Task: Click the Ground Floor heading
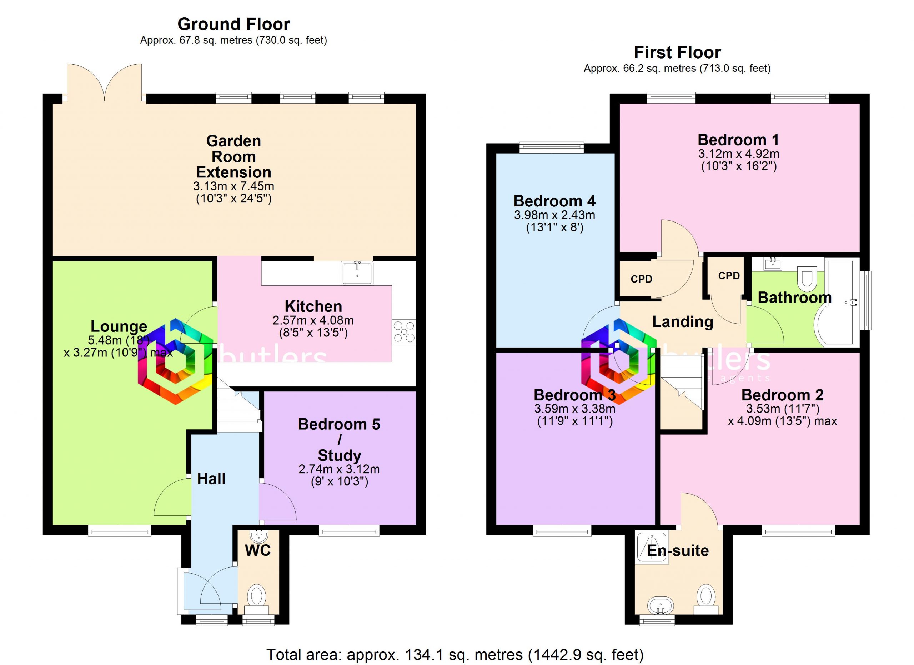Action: (x=234, y=24)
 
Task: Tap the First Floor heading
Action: (x=677, y=52)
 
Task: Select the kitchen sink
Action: (x=357, y=273)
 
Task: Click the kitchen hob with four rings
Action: (x=404, y=332)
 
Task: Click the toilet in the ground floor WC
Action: (x=256, y=597)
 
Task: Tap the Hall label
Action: (x=211, y=479)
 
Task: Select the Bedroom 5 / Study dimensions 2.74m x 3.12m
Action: (x=339, y=469)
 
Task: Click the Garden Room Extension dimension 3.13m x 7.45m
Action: (x=234, y=186)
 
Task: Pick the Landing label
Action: (x=683, y=322)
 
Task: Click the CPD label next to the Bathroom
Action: (x=729, y=276)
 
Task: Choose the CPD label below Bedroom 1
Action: (x=642, y=279)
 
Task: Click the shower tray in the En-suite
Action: (x=652, y=546)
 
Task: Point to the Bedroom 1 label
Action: (x=738, y=140)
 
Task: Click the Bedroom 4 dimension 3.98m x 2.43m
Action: (x=554, y=215)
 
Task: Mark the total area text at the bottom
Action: (x=455, y=655)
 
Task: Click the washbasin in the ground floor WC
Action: (x=257, y=536)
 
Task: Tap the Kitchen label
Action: (x=313, y=306)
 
